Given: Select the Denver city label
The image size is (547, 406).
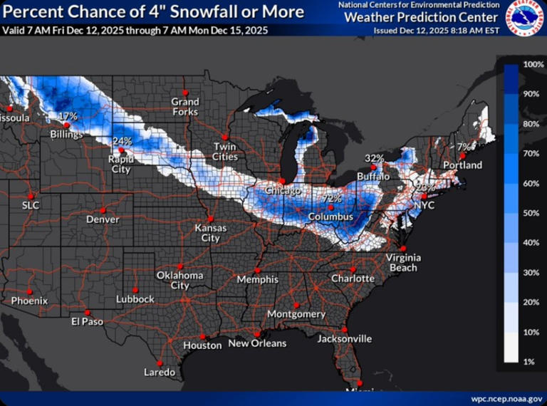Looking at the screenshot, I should (103, 219).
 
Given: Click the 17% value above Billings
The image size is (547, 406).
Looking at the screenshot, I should (68, 116).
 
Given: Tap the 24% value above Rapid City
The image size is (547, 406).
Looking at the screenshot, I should (123, 141).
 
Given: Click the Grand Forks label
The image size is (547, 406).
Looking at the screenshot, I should (184, 107).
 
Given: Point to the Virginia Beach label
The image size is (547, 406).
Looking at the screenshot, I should (402, 262).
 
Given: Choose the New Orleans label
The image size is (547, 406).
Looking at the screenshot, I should (257, 343).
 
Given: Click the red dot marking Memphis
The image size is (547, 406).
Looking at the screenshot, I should (257, 270).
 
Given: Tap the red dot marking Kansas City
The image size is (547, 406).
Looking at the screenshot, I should (210, 218).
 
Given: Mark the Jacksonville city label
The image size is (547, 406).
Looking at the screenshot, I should (345, 339).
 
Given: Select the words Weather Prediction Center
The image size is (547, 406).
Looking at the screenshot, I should (421, 17).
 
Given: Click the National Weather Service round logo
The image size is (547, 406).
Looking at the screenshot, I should (524, 18).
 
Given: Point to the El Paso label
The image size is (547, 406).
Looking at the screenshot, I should (87, 321).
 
